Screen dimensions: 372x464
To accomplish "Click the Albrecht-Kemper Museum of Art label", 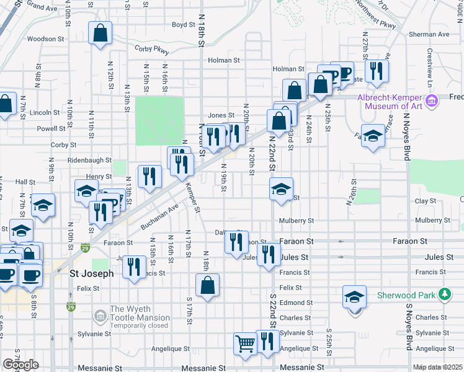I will pos(390,102).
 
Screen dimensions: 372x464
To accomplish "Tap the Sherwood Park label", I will pos(406,294).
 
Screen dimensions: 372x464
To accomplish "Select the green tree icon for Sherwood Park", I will pos(444,294).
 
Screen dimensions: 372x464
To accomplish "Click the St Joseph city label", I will pos(91,273).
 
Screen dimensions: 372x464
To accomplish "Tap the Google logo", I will pos(20,365).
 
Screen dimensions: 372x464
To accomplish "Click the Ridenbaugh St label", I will pos(90,160).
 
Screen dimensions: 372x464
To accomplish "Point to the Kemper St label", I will pos(194,201).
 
